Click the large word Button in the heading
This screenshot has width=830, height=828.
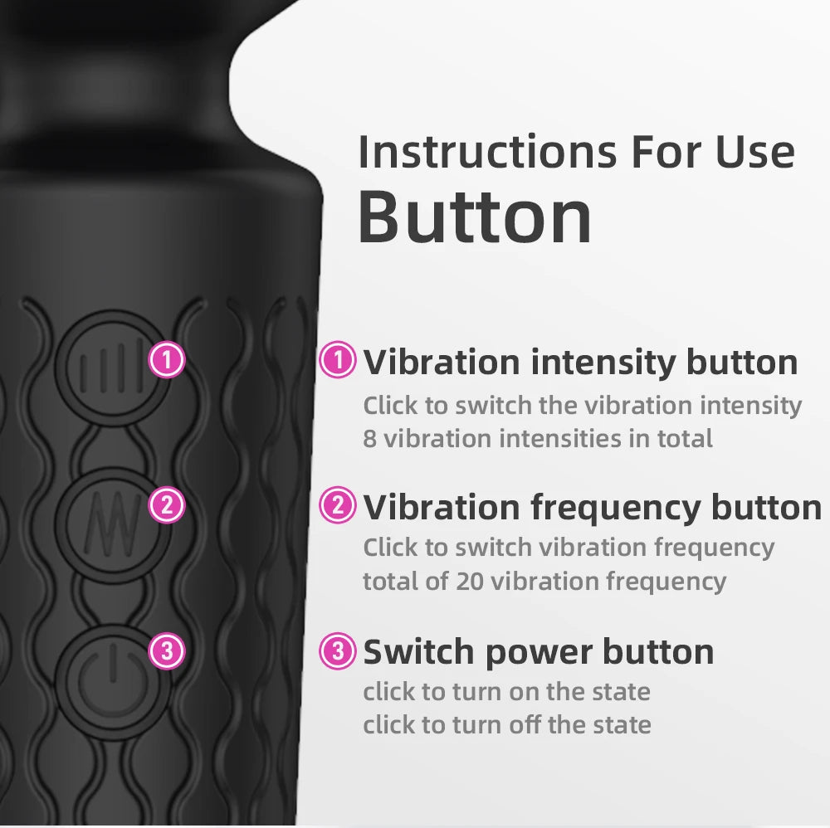pyautogui.click(x=475, y=217)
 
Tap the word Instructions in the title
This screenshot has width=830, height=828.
pyautogui.click(x=486, y=152)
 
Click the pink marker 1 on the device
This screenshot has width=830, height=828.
pyautogui.click(x=167, y=361)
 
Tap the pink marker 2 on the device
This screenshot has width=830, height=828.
pyautogui.click(x=167, y=506)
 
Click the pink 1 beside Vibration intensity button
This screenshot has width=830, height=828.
pyautogui.click(x=338, y=361)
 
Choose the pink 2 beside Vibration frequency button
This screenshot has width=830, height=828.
pyautogui.click(x=338, y=506)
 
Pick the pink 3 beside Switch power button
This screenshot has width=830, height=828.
pyautogui.click(x=338, y=651)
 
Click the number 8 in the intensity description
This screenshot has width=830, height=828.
pyautogui.click(x=369, y=438)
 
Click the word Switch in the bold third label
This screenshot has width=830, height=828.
pyautogui.click(x=417, y=652)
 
